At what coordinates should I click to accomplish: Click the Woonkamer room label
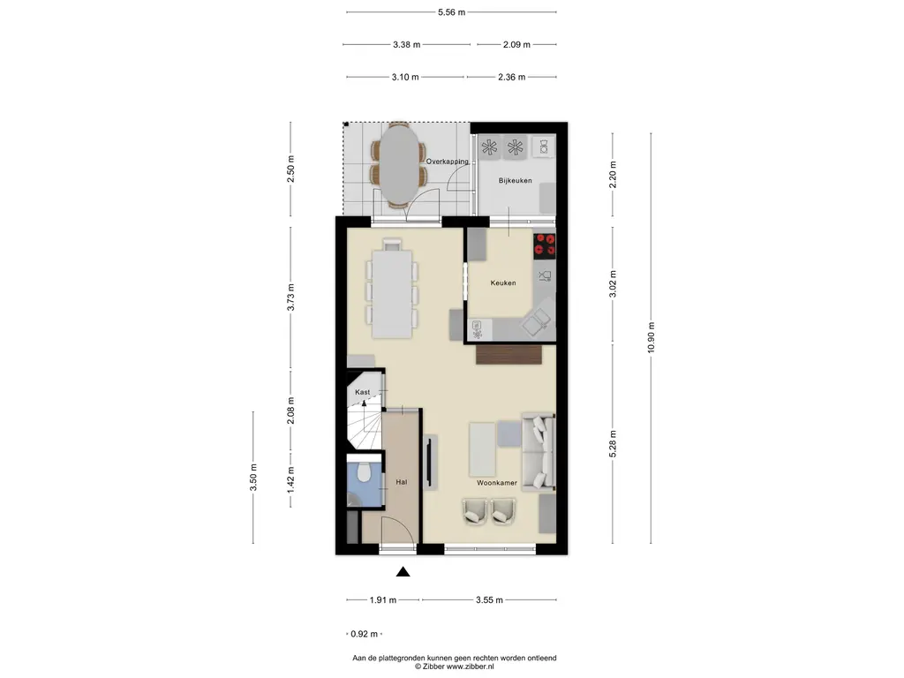click(x=496, y=483)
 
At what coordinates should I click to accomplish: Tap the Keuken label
click(x=502, y=283)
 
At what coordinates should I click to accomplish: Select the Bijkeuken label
click(x=515, y=180)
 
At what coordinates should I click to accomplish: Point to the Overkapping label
click(x=447, y=162)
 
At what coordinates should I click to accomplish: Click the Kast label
click(x=362, y=392)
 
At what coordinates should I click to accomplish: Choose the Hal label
click(x=402, y=482)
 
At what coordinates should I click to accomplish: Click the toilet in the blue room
click(x=363, y=473)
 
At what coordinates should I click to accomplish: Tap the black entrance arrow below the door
click(x=403, y=572)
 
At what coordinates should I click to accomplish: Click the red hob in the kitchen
click(x=544, y=245)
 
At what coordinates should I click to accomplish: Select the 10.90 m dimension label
click(x=651, y=338)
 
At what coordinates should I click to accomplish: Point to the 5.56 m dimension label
click(x=451, y=12)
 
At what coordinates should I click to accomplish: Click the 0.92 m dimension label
click(x=365, y=634)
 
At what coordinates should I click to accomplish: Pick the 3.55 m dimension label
click(x=489, y=600)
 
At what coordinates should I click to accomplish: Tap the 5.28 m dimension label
click(x=613, y=444)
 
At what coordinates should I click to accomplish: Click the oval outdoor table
click(x=399, y=165)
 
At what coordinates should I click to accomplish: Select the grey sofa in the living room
click(x=539, y=452)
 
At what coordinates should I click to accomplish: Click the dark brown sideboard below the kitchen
click(x=509, y=355)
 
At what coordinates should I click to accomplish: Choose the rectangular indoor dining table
click(x=392, y=293)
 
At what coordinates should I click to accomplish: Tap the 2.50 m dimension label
click(x=290, y=169)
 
